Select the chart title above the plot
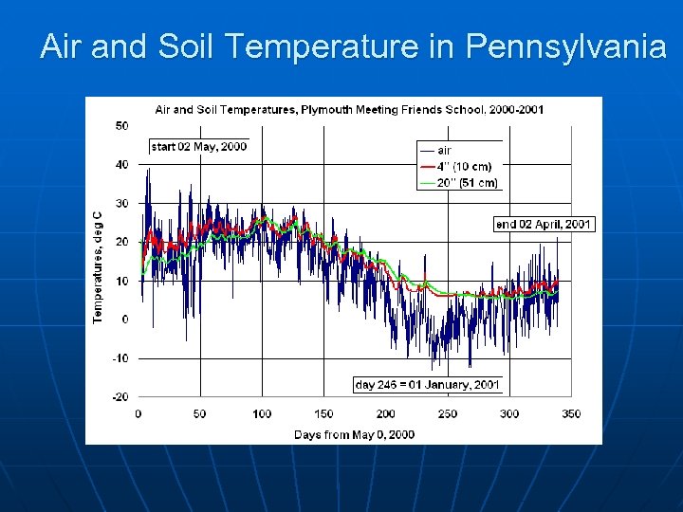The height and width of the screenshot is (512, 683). coord(349,110)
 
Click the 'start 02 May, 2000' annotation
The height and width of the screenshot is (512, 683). coord(199,146)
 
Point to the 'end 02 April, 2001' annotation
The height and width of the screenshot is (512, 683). coord(545,225)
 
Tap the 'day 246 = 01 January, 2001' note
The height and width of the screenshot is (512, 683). coord(427,385)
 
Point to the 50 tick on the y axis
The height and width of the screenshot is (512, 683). coord(122,126)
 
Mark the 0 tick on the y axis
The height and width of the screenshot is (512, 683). coord(125,320)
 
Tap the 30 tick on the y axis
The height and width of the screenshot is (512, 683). coord(122,204)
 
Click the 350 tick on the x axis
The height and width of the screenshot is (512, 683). coord(571,414)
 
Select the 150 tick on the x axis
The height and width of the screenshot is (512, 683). coord(323,414)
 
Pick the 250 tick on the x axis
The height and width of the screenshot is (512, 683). coord(448,414)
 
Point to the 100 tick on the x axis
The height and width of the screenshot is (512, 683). coord(262,414)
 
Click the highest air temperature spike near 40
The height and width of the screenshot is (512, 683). coord(147,170)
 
